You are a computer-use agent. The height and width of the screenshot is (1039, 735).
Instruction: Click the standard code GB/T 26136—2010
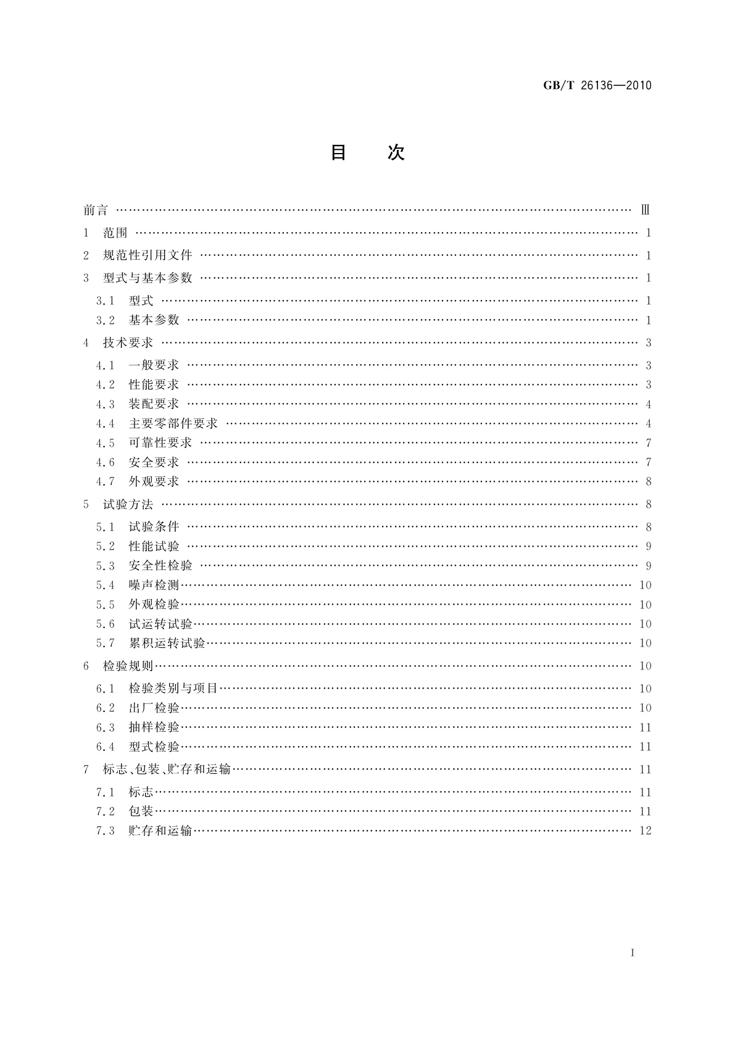(x=597, y=85)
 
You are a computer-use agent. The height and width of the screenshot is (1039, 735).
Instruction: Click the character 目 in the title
(x=338, y=152)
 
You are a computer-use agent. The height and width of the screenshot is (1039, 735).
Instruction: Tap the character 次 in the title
(x=396, y=152)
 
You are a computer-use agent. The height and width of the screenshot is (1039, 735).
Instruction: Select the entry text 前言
(x=96, y=210)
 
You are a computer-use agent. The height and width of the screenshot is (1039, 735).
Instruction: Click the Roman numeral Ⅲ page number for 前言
(x=646, y=210)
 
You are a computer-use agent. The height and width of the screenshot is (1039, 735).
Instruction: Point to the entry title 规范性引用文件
(x=147, y=255)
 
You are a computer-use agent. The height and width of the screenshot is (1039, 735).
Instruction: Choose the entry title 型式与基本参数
(x=147, y=278)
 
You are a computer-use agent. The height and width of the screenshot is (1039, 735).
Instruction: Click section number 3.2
(x=105, y=320)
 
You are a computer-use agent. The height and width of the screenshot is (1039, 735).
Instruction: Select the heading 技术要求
(x=128, y=343)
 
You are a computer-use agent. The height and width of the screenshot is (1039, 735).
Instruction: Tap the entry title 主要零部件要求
(x=173, y=424)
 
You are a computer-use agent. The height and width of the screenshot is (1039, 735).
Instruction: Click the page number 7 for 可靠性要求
(x=649, y=443)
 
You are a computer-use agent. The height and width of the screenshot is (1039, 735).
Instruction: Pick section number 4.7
(x=105, y=482)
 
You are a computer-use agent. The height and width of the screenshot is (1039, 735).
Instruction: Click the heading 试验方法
(x=128, y=505)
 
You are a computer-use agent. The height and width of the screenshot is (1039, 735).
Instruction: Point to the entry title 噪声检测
(x=154, y=585)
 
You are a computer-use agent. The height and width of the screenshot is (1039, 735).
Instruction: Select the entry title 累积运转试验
(x=167, y=644)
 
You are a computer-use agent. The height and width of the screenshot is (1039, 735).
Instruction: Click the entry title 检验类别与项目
(x=173, y=689)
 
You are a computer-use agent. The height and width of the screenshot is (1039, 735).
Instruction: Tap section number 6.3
(x=105, y=727)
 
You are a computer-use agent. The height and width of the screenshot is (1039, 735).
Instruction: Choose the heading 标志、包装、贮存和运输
(x=167, y=769)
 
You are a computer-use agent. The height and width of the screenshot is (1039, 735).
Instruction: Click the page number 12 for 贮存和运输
(x=646, y=831)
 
